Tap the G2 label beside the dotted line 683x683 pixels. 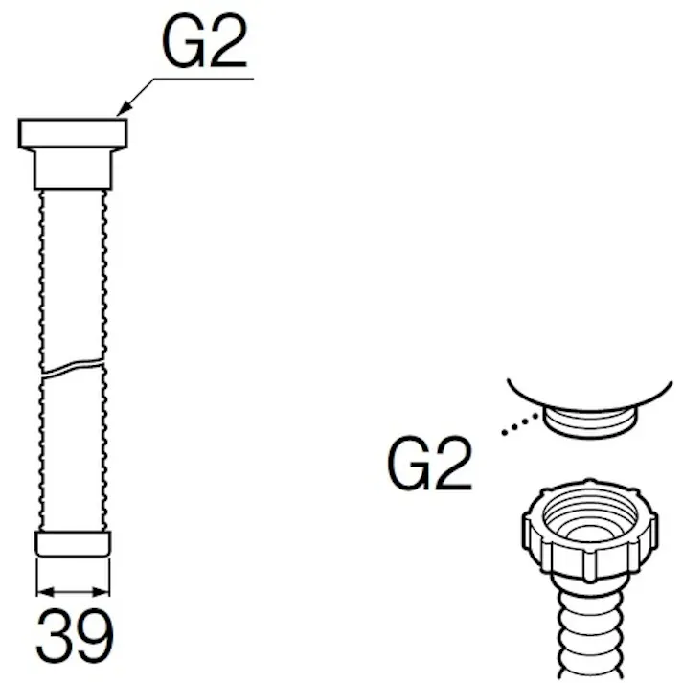(x=429, y=463)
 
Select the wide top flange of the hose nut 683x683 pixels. (x=73, y=133)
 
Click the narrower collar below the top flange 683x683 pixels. (x=73, y=170)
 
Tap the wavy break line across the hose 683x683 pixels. (x=73, y=368)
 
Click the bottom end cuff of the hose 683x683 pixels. (x=73, y=543)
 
